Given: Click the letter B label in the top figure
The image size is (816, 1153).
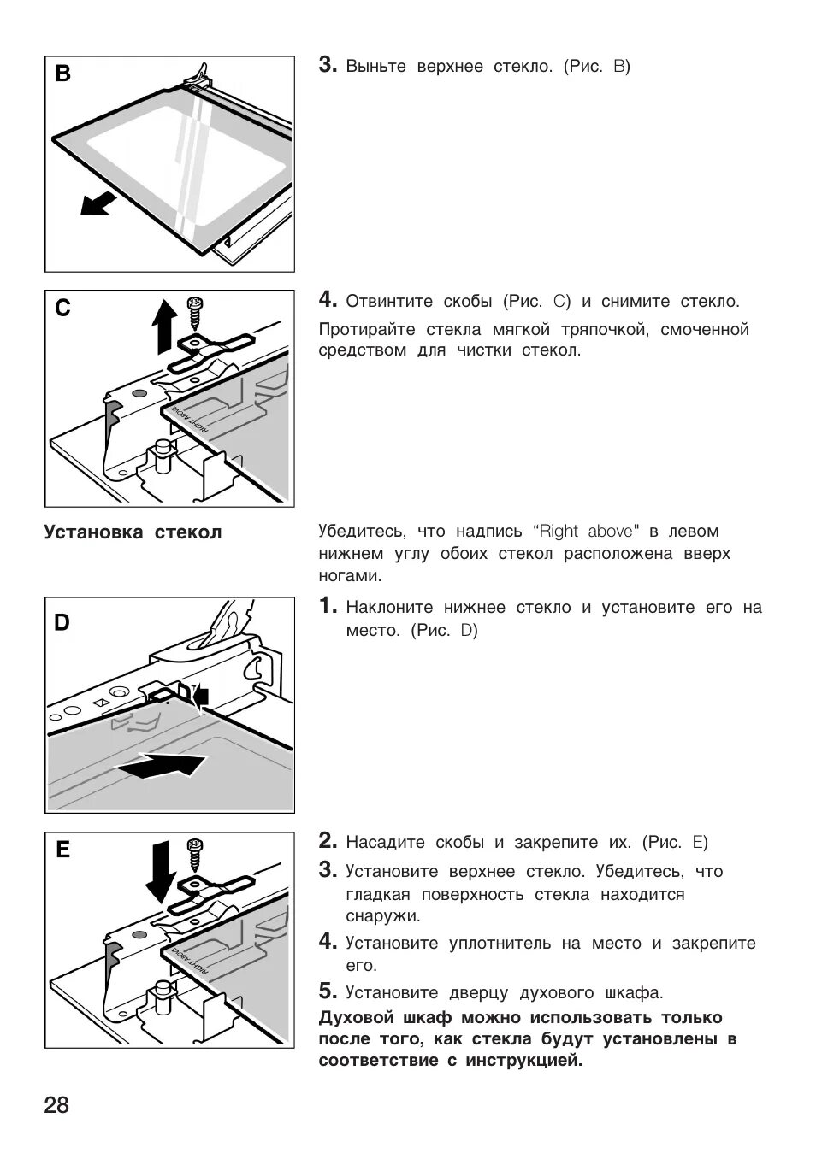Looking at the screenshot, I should (x=63, y=74).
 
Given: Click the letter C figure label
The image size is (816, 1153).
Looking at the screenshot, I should (x=62, y=309).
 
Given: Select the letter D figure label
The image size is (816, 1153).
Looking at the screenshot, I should (x=62, y=623).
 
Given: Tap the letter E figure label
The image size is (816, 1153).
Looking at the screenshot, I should (x=62, y=850).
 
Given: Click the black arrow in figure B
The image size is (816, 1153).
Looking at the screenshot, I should (x=96, y=204).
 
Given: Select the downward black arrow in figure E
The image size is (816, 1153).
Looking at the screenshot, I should (x=160, y=872).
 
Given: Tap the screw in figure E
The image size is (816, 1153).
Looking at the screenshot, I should (x=195, y=856).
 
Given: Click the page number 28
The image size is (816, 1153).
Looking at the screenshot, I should (x=56, y=1105).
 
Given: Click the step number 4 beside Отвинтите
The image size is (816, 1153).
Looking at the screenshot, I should (x=327, y=300).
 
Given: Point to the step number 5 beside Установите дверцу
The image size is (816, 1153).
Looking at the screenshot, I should (x=327, y=991).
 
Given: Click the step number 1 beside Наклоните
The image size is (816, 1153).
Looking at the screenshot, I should (x=327, y=607).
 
